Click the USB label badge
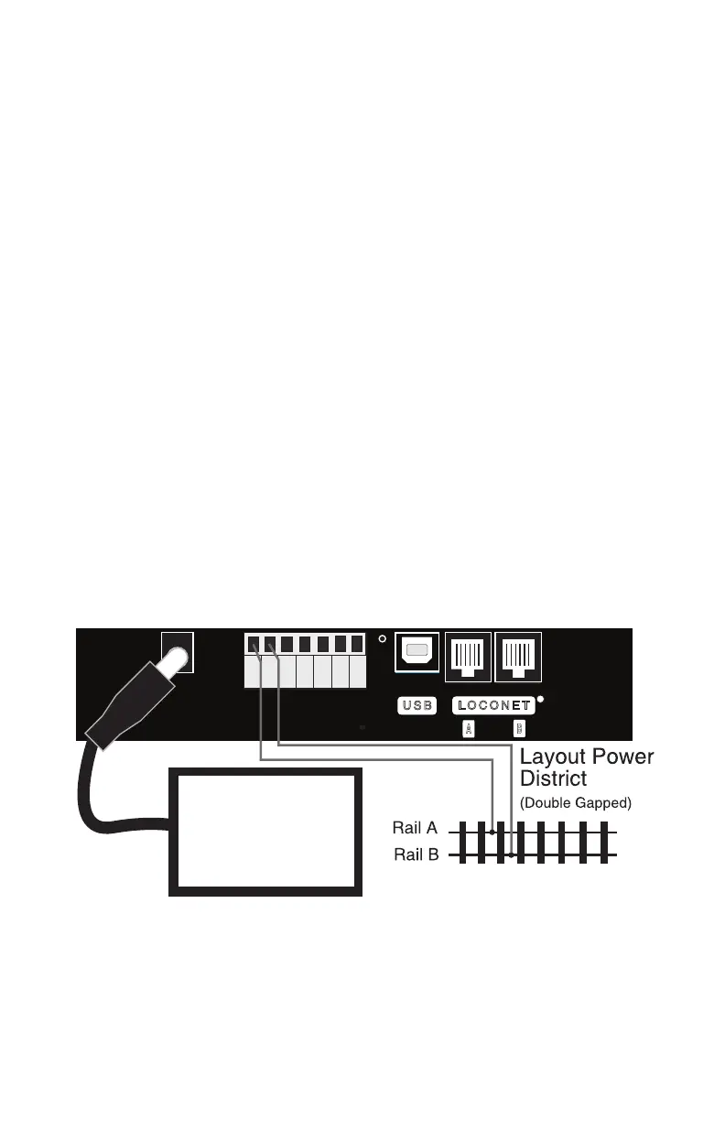tap(417, 706)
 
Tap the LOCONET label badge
tap(492, 706)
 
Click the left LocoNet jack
tap(467, 657)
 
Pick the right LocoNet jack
tap(518, 657)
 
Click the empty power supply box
tap(265, 831)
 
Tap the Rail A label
tap(416, 828)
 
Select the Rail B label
tap(416, 854)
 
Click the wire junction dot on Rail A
tap(493, 833)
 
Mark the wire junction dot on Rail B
tap(511, 855)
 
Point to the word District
tap(553, 779)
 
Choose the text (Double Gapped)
tap(576, 803)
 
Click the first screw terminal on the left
tap(253, 644)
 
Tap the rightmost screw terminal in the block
tap(357, 644)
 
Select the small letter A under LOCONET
tap(468, 729)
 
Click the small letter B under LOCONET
tap(519, 729)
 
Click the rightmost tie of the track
tap(604, 843)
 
